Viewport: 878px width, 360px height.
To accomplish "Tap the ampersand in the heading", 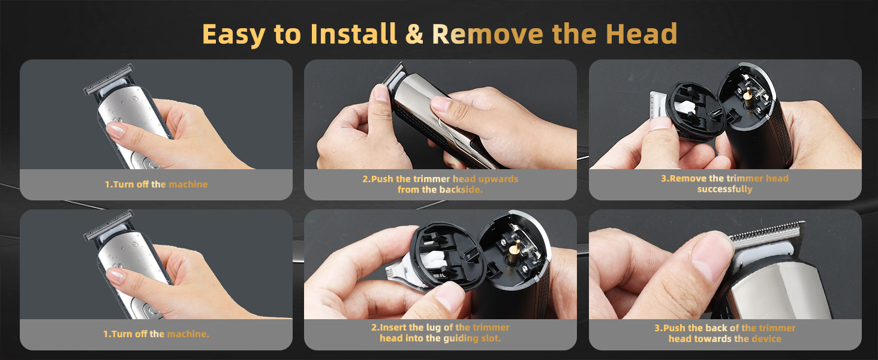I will point(414,35).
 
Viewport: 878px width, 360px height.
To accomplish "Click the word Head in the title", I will point(645,35).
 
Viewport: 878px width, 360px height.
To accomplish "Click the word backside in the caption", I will point(462,190).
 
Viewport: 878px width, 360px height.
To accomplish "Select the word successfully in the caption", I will point(724,190).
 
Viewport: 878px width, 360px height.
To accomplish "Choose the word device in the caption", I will point(766,338).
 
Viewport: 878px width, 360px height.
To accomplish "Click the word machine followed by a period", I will point(188,334).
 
